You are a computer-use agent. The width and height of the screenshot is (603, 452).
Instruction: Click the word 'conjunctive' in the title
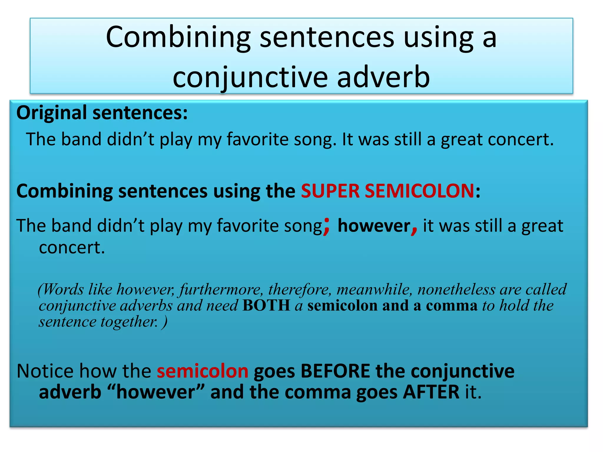(250, 77)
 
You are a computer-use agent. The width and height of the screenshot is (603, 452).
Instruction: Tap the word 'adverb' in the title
(383, 77)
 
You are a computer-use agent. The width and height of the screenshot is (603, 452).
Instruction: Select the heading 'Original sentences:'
(102, 113)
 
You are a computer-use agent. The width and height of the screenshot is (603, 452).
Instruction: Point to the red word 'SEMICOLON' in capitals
(419, 191)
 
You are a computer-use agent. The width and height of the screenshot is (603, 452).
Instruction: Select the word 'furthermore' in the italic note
(221, 290)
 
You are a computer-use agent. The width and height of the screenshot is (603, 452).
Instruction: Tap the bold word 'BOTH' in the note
(266, 305)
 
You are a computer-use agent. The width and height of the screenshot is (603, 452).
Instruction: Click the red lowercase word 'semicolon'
(203, 371)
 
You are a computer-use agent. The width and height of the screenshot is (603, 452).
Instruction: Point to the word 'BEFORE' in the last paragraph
(335, 371)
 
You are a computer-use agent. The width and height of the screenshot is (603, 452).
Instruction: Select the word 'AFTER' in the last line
(431, 392)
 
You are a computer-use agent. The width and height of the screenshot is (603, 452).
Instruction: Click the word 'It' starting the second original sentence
(347, 139)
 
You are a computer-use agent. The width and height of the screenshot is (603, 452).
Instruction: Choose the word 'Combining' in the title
(178, 37)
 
